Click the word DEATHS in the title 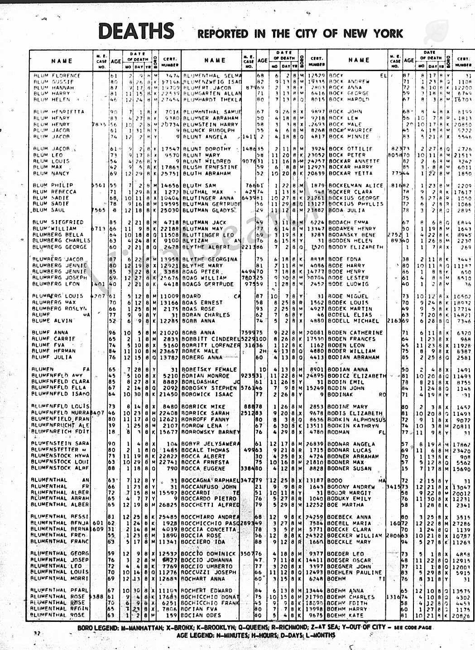(136, 31)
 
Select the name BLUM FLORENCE (57, 76)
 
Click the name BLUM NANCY (51, 173)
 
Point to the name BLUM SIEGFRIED (58, 222)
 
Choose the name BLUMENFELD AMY (57, 376)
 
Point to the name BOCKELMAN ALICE (355, 186)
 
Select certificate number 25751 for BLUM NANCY (170, 173)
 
